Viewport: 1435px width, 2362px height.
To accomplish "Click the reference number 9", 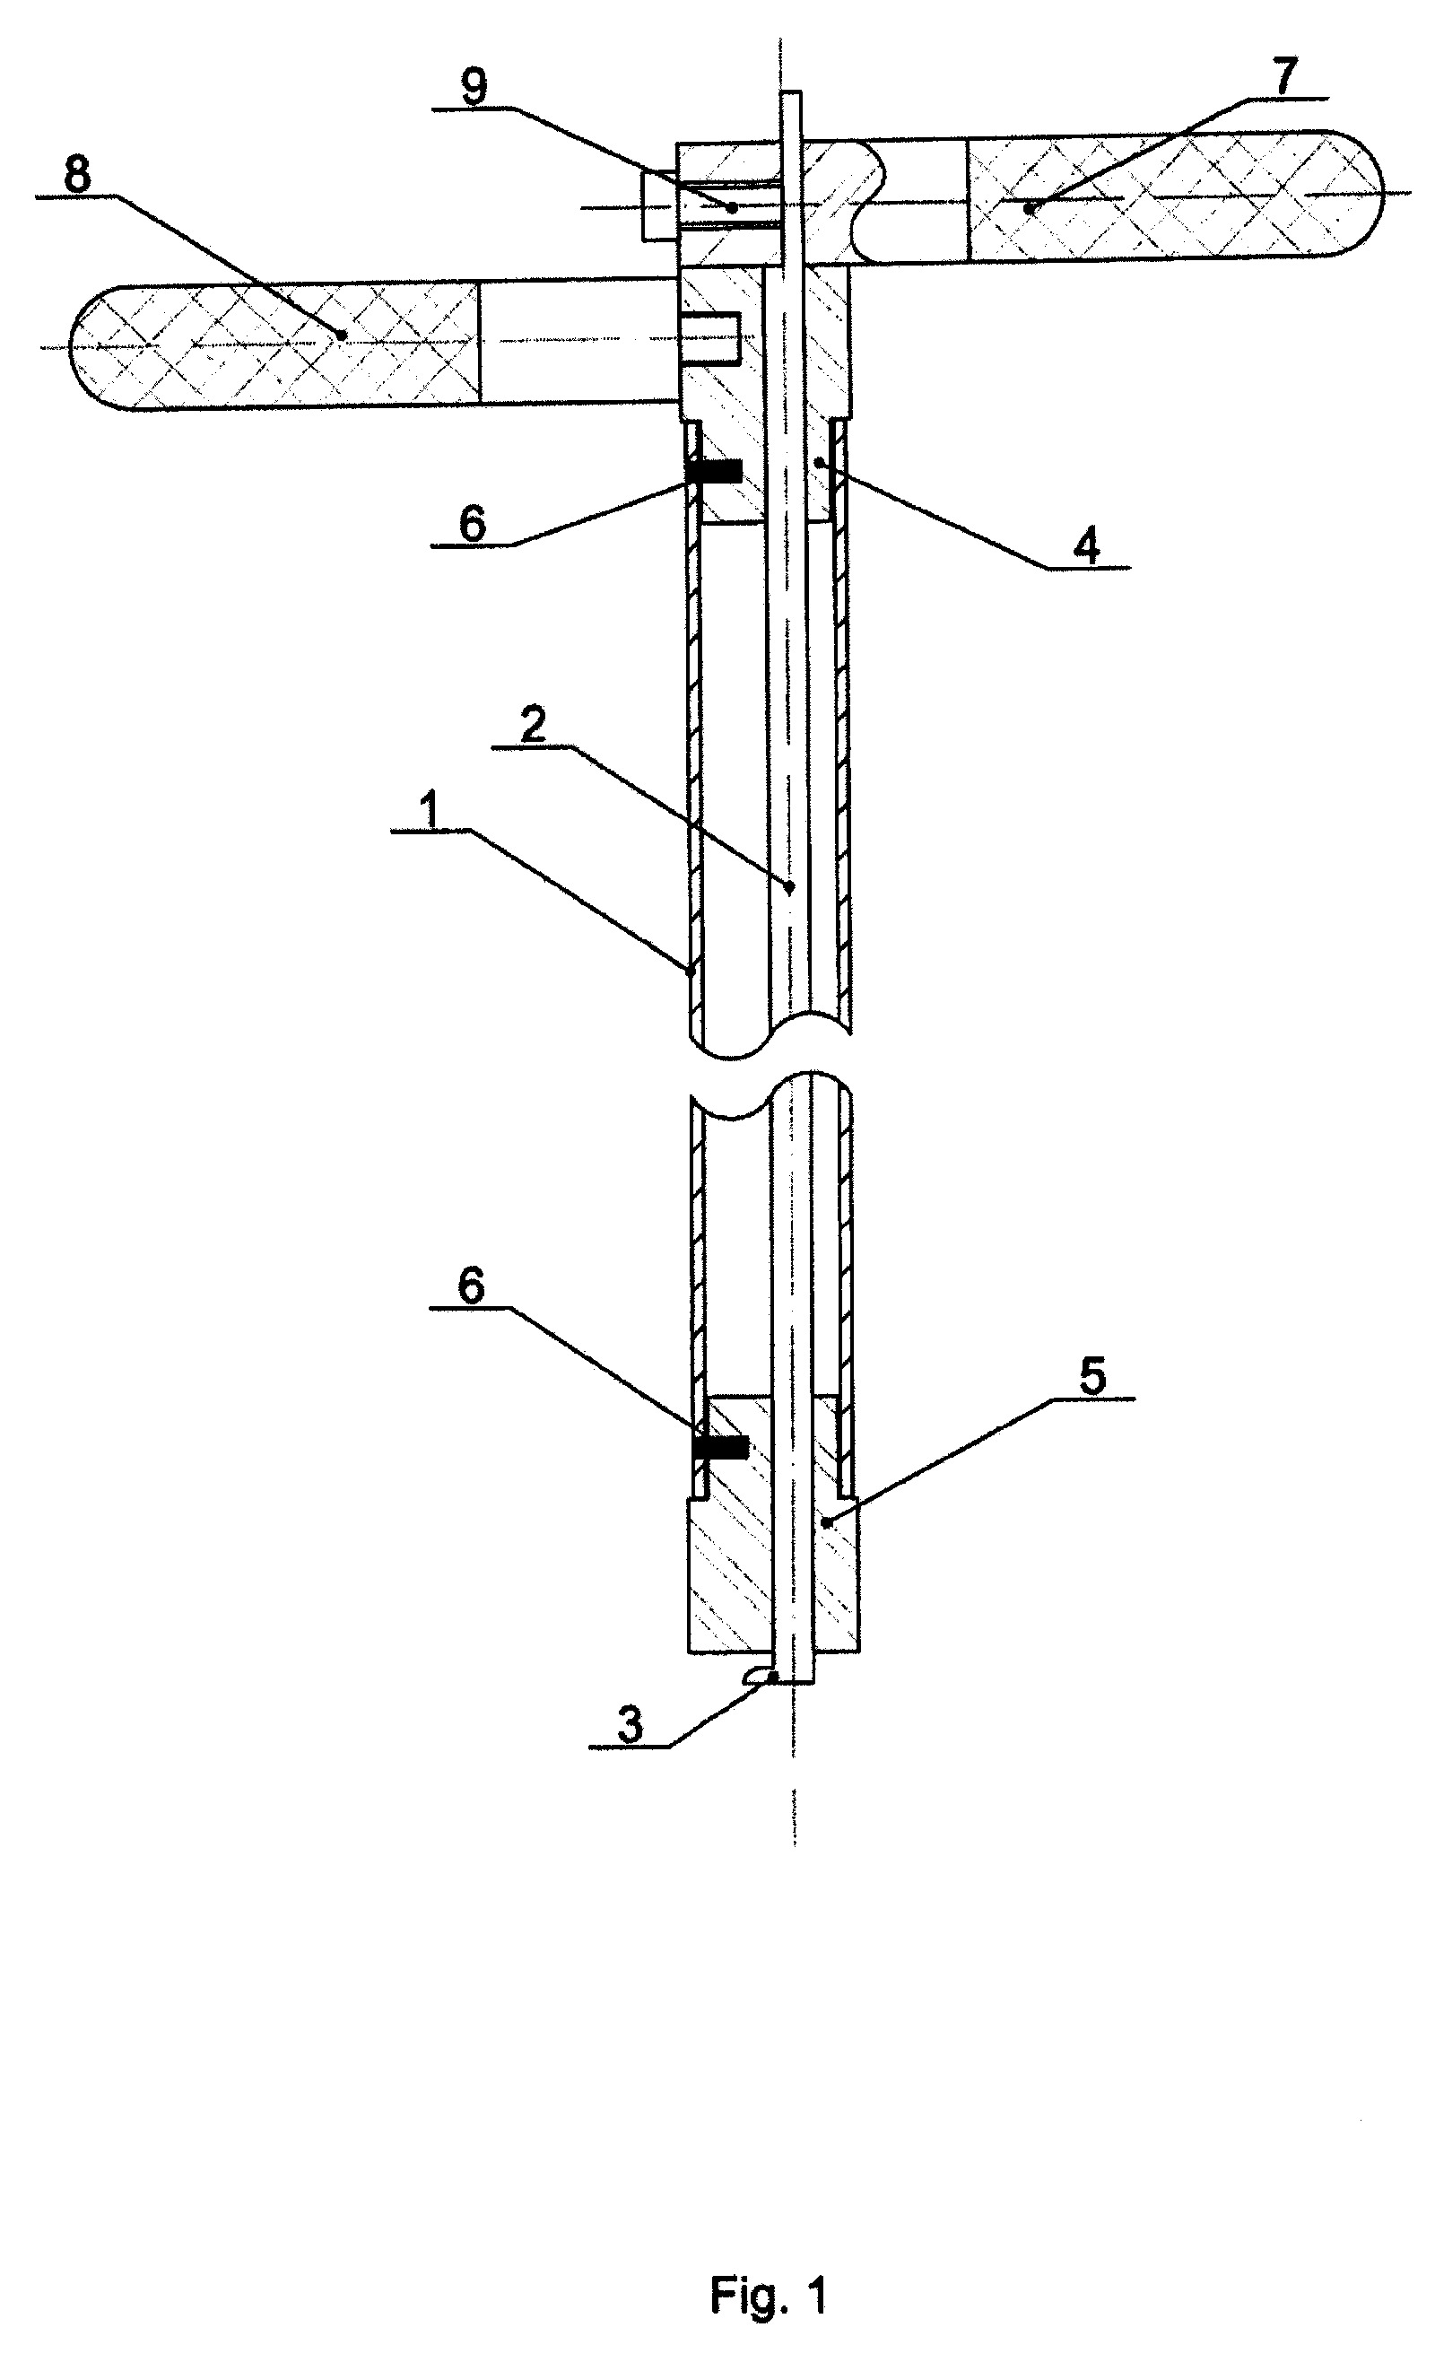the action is pyautogui.click(x=474, y=86).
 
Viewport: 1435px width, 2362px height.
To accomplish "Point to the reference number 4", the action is pyautogui.click(x=1086, y=547).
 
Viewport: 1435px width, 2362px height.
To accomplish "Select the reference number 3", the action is pyautogui.click(x=630, y=1727).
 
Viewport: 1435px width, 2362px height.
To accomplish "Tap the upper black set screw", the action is pyautogui.click(x=715, y=470).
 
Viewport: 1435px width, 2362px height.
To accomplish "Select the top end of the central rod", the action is pyautogui.click(x=791, y=92).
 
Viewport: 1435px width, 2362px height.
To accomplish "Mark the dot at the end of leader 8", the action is pyautogui.click(x=341, y=335).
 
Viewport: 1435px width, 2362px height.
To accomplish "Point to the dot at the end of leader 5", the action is pyautogui.click(x=825, y=1522).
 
